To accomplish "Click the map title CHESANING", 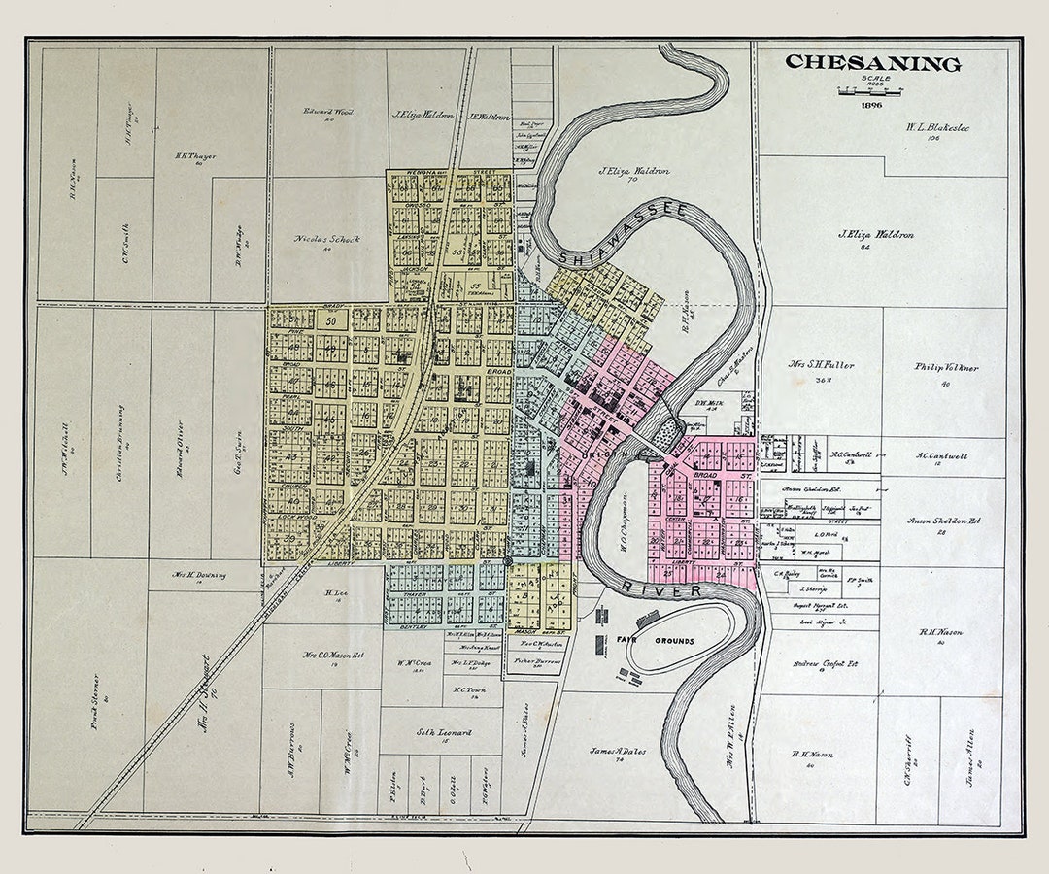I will click(872, 63).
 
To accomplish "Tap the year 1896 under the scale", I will click(870, 104).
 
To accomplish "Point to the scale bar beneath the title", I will click(870, 90).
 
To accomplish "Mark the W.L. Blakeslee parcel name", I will click(937, 127).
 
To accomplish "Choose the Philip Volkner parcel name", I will click(946, 368).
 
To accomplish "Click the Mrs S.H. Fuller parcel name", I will click(821, 365).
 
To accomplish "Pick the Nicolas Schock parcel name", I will click(327, 239).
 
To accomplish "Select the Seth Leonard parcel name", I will click(444, 732).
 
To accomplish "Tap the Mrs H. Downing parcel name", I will click(199, 574).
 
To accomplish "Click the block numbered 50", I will click(330, 320).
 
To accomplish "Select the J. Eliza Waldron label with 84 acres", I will click(875, 235).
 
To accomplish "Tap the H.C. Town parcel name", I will click(468, 689).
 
